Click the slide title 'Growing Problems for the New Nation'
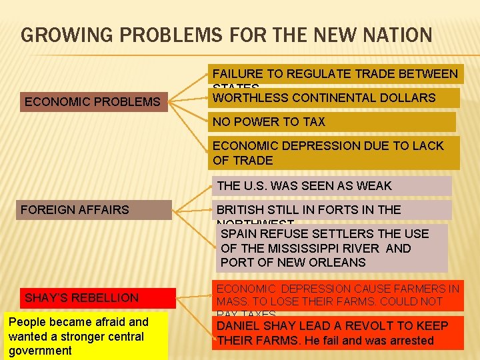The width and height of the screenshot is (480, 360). pos(227,34)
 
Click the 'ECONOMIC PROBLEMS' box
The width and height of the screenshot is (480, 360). pos(93,102)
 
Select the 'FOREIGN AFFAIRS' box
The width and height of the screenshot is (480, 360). pos(95,210)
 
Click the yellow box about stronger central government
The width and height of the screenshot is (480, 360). pos(85,337)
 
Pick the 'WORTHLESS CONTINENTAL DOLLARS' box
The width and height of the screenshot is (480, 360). pos(335,98)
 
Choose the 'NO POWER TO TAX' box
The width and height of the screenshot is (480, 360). pos(333,122)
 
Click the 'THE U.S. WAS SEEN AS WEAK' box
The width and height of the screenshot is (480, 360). pos(331,186)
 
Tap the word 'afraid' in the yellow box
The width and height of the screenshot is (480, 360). pos(108,323)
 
